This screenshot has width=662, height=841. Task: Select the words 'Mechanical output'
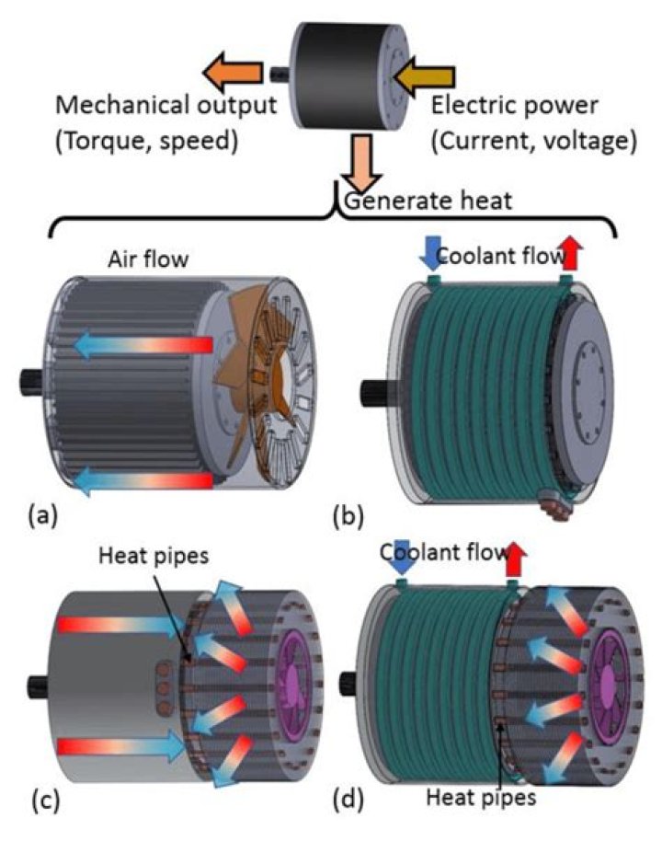click(165, 103)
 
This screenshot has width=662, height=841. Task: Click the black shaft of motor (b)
click(376, 390)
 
